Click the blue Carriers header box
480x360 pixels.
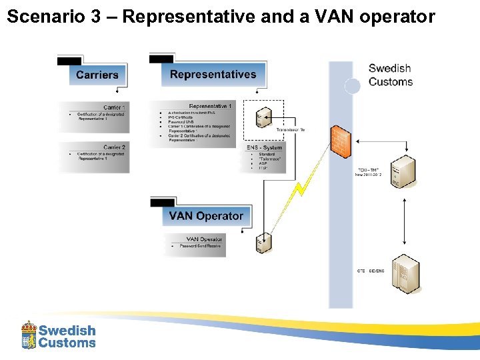[x=97, y=75]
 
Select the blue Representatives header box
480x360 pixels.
[x=213, y=74]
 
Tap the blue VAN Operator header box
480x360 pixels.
[x=205, y=216]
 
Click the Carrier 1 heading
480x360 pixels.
[x=114, y=107]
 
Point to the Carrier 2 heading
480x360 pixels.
[x=114, y=147]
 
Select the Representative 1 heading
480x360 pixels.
[x=211, y=106]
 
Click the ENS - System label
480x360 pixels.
[x=264, y=147]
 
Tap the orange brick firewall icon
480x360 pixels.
[x=340, y=141]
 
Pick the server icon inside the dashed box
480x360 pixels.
[x=263, y=117]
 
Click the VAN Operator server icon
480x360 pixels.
[x=263, y=243]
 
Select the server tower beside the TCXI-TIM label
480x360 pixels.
[x=404, y=172]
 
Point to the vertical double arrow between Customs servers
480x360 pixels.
[x=405, y=222]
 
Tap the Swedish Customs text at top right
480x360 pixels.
[x=390, y=75]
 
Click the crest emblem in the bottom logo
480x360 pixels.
[x=29, y=335]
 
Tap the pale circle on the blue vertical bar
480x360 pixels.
[x=352, y=85]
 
